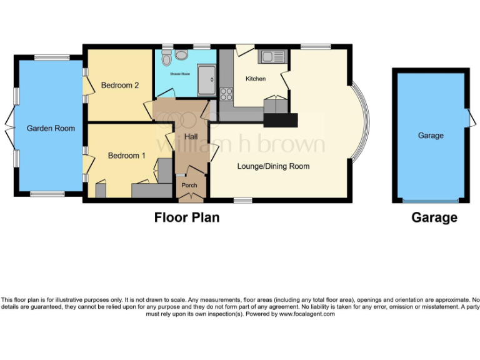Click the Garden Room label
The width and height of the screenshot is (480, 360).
coord(51,128)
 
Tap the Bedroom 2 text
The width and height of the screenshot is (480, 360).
coord(119,86)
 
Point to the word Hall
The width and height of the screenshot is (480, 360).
coord(192,137)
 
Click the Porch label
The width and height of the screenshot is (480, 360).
coord(189,185)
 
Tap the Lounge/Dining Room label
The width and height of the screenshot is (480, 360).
coord(273,166)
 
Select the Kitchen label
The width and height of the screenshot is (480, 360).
coord(256,79)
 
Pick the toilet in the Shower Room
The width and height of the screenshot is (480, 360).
coord(166,59)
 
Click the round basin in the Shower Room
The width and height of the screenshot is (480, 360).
coord(181,56)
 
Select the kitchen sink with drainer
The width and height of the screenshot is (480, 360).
coord(272,57)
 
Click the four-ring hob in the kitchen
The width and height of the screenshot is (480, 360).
coord(226,94)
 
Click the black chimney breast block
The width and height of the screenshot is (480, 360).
coord(281,120)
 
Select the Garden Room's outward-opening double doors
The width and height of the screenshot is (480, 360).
coord(8,127)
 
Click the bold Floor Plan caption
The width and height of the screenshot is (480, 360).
coord(187,217)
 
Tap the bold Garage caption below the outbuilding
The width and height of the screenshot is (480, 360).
coord(434,217)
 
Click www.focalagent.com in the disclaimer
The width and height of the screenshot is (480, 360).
coord(306,314)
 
